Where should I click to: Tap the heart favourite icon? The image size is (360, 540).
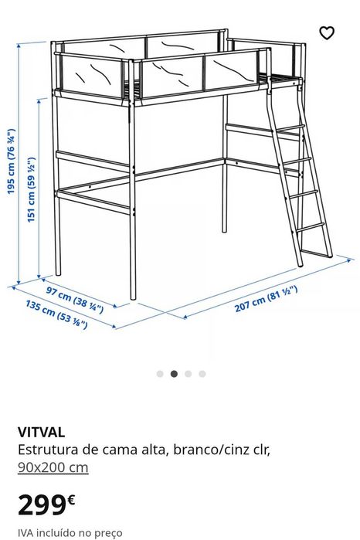point(327,32)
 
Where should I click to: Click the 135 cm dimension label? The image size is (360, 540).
point(56,314)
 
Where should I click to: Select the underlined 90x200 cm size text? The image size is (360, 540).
point(53,467)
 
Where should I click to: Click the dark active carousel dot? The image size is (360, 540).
point(174,374)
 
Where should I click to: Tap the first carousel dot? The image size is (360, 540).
point(160,374)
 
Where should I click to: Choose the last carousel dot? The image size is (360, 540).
point(202,374)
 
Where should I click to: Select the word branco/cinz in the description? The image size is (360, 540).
point(203,450)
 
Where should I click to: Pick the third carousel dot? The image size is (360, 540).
point(188,374)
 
